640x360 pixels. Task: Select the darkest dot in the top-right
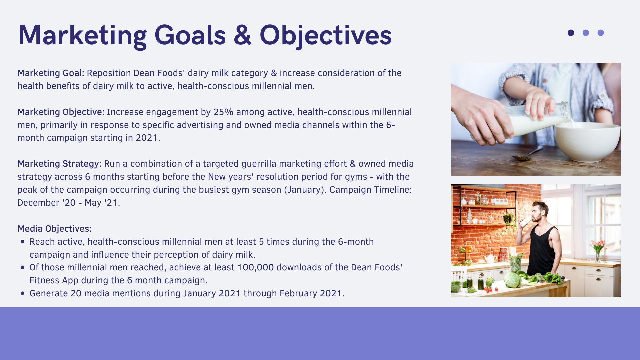click(x=571, y=33)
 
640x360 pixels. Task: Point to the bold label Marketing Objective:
click(x=61, y=112)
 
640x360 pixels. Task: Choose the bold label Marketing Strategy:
click(x=59, y=164)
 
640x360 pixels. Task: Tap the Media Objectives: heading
click(x=54, y=229)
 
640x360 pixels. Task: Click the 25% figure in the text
click(x=223, y=112)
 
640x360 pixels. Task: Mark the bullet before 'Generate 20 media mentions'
click(x=23, y=293)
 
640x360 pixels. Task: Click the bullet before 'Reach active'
click(x=23, y=242)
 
